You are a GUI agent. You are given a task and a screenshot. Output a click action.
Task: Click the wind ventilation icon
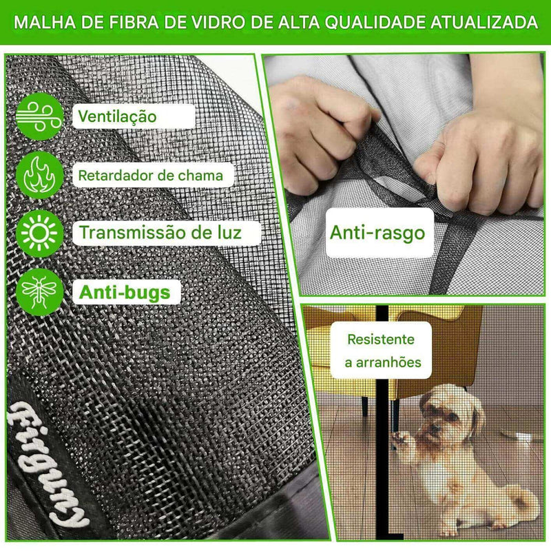pyautogui.click(x=39, y=116)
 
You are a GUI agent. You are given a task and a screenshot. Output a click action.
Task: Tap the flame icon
pyautogui.click(x=39, y=175)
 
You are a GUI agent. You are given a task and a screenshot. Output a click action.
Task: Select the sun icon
pyautogui.click(x=39, y=233)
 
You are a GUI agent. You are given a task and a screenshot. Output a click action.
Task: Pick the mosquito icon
pyautogui.click(x=39, y=291)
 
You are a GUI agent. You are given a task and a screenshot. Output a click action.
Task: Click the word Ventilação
pyautogui.click(x=117, y=116)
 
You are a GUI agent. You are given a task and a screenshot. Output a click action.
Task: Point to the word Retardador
pyautogui.click(x=112, y=176)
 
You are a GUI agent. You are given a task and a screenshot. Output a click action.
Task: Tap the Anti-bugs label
pyautogui.click(x=125, y=292)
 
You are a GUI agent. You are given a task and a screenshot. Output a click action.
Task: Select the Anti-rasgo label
pyautogui.click(x=377, y=233)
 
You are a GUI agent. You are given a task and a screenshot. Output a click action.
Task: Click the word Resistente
pyautogui.click(x=381, y=340)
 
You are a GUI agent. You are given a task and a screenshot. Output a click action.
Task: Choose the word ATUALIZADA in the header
pyautogui.click(x=484, y=22)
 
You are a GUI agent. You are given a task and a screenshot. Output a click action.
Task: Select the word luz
pyautogui.click(x=229, y=232)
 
